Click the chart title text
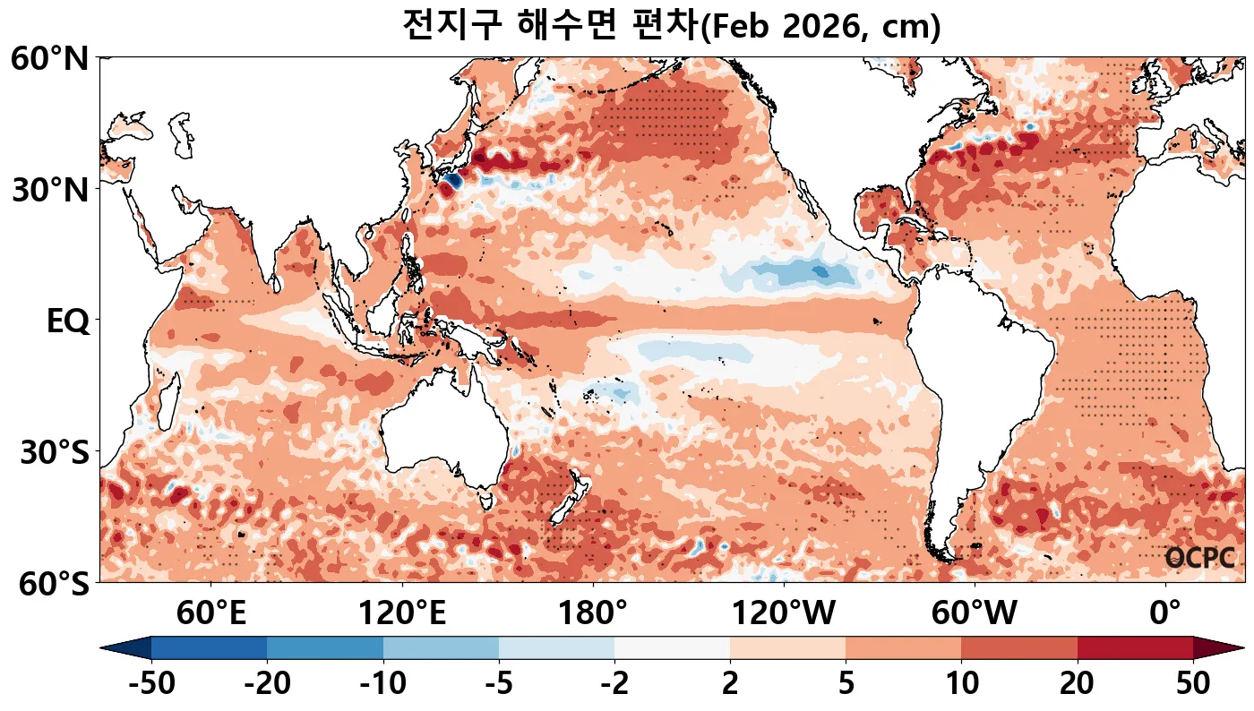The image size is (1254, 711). pos(671,25)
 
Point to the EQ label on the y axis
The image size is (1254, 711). pos(67,321)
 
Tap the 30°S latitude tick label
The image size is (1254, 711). pos(54,452)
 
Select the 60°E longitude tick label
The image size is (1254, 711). pos(211,614)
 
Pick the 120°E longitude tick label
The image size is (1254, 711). pos(402,614)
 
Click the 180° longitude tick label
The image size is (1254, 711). pos(593,614)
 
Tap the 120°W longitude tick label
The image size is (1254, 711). pos(784,614)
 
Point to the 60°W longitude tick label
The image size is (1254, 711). pos(975,614)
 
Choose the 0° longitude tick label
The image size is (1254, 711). pos(1165,614)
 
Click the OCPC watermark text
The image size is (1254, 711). pos(1200,558)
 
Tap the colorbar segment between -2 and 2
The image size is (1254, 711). pos(672,647)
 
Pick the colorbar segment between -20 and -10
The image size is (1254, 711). pos(325,647)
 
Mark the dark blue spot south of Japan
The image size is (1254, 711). pos(451,181)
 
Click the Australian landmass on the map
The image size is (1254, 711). pos(443,439)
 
